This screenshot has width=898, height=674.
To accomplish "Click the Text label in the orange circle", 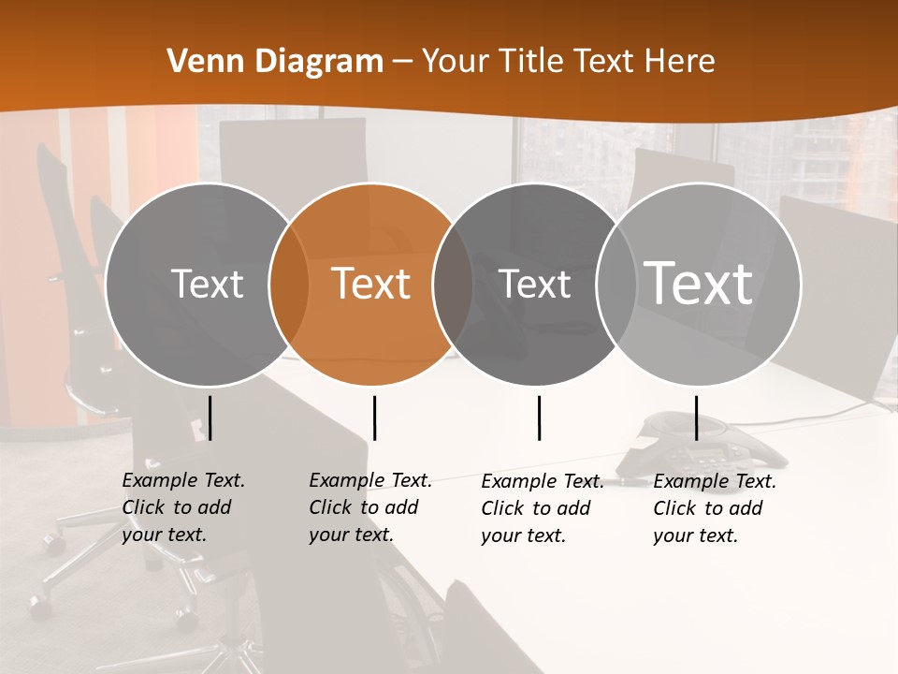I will pos(371,284).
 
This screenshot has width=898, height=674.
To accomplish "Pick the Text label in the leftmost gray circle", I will pos(207,284).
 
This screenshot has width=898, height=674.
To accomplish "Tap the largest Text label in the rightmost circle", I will pos(699,283).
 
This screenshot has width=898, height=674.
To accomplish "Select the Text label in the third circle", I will pos(535,284).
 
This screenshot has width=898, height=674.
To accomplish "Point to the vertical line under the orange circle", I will pos(374,418).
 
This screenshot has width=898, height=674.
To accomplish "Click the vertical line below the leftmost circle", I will pos(210,418).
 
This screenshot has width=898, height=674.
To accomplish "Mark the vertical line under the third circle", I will pos(540,418).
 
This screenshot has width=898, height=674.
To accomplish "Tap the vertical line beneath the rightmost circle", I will pos(696,418).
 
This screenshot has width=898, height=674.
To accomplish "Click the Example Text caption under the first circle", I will pos(182,507).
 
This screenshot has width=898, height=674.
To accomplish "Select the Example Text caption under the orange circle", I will pos(369,507).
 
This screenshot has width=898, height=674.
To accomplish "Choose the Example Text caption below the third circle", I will pos(542,508).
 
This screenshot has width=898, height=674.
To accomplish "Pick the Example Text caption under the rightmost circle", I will pos(714,508).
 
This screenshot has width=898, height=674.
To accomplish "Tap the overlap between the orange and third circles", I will pos(452,284).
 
